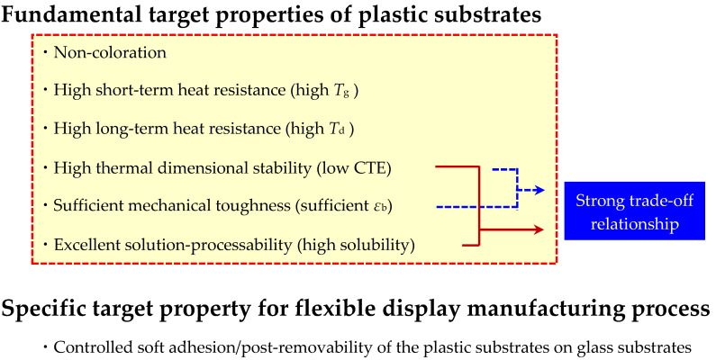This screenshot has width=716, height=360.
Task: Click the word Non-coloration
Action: (110, 52)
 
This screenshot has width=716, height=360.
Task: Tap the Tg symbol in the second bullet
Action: (335, 90)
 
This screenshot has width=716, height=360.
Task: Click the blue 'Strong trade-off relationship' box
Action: (635, 211)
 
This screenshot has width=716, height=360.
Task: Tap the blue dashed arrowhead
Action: (539, 190)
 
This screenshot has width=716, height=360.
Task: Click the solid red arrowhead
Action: (539, 229)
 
